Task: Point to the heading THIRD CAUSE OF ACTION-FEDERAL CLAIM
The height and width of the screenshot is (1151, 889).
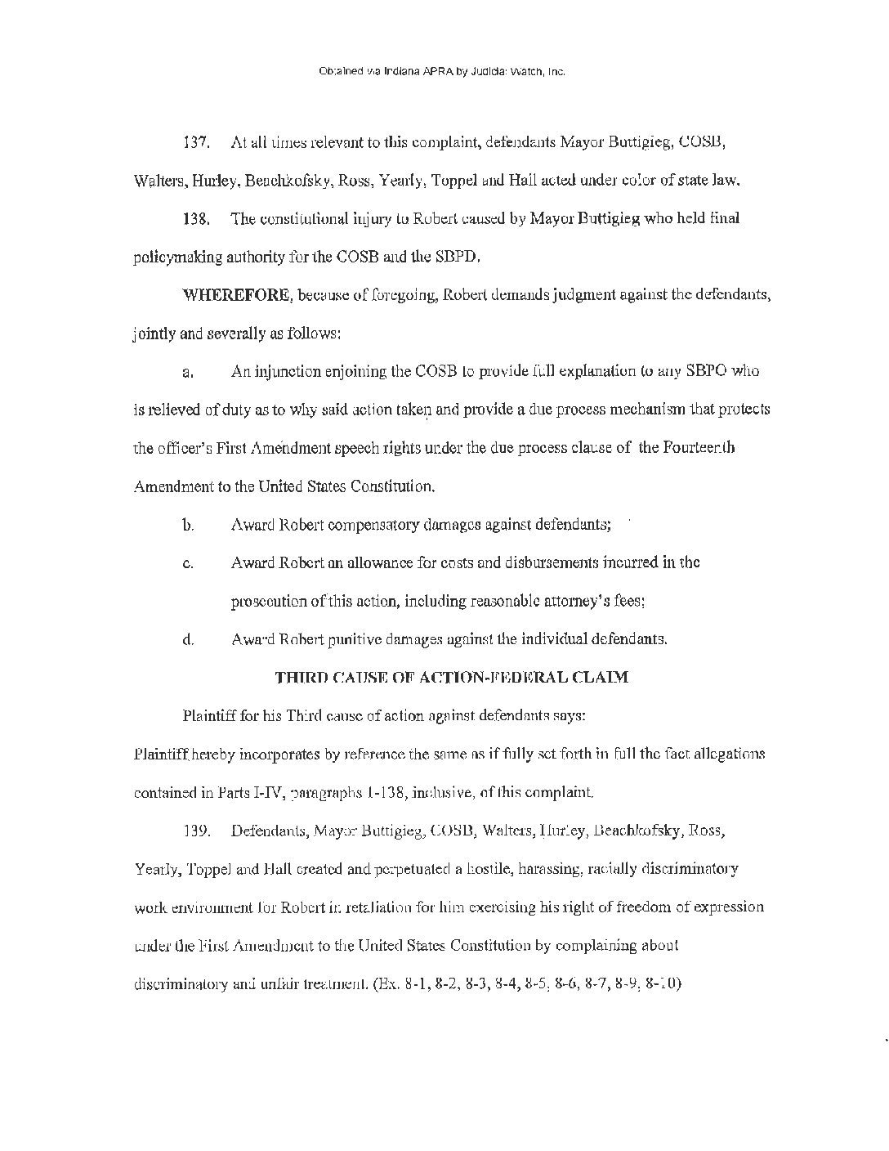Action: tap(452, 677)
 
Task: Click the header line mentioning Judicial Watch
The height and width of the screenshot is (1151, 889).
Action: tap(441, 72)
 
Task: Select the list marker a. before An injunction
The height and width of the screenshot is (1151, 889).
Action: tap(187, 373)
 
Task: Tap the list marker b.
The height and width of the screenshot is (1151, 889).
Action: tap(188, 525)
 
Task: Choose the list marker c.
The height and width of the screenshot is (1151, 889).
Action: tap(187, 563)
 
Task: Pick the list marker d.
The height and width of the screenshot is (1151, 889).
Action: tap(188, 640)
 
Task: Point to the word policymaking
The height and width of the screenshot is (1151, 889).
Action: tap(172, 258)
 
